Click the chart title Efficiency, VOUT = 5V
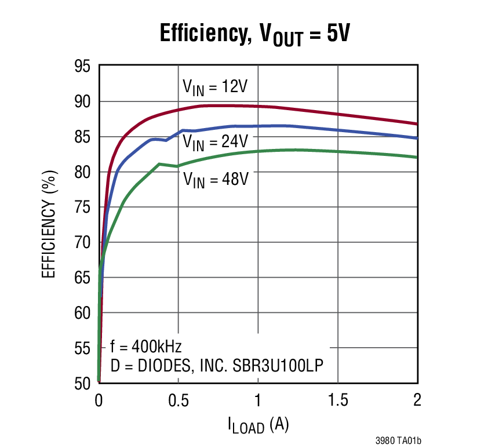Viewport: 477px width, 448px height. click(x=255, y=34)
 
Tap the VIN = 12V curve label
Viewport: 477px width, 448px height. click(x=215, y=88)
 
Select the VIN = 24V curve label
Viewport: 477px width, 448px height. click(x=216, y=142)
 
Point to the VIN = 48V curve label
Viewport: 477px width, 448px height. click(x=216, y=179)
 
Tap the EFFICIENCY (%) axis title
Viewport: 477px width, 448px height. click(x=49, y=224)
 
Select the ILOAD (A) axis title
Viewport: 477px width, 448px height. click(x=258, y=426)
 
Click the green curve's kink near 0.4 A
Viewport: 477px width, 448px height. click(x=159, y=164)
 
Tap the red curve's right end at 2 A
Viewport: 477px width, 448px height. click(x=416, y=123)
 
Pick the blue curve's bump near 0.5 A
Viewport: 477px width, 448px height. click(x=183, y=130)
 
